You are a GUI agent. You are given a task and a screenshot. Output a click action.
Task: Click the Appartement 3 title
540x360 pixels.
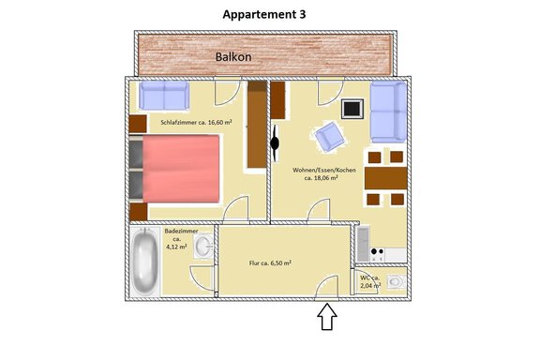[264, 14]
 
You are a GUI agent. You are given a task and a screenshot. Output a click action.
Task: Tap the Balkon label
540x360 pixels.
[233, 57]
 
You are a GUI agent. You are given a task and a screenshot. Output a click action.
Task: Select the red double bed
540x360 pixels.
[181, 169]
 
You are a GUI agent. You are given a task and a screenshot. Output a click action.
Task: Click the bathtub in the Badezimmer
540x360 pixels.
[146, 262]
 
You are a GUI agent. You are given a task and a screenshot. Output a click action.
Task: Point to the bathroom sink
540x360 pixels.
[203, 246]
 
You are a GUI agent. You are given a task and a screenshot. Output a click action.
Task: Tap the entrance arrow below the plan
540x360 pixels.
[327, 317]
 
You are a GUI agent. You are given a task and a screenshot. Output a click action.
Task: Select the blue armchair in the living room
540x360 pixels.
[330, 137]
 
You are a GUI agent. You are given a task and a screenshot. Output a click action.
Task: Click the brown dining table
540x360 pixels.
[385, 178]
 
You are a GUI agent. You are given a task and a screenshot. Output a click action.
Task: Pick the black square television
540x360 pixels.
[352, 109]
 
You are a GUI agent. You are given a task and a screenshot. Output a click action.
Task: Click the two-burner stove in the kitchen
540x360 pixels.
[378, 255]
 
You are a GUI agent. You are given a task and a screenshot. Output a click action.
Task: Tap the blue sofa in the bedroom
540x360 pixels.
[164, 95]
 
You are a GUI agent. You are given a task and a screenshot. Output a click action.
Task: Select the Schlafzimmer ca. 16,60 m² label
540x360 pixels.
[196, 122]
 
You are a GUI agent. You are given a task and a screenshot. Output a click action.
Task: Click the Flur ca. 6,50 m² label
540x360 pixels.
[270, 262]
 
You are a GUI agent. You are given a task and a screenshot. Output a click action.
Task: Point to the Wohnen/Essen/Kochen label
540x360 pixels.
[324, 170]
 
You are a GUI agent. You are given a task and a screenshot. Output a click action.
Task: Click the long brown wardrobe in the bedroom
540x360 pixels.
[257, 125]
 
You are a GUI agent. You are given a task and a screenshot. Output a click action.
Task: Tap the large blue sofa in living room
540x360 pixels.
[388, 112]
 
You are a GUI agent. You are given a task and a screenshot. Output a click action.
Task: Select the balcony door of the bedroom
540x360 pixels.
[227, 91]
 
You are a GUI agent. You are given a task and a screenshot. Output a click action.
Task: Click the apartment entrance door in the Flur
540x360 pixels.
[327, 288]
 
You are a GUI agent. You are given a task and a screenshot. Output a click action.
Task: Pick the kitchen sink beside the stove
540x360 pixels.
[363, 244]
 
